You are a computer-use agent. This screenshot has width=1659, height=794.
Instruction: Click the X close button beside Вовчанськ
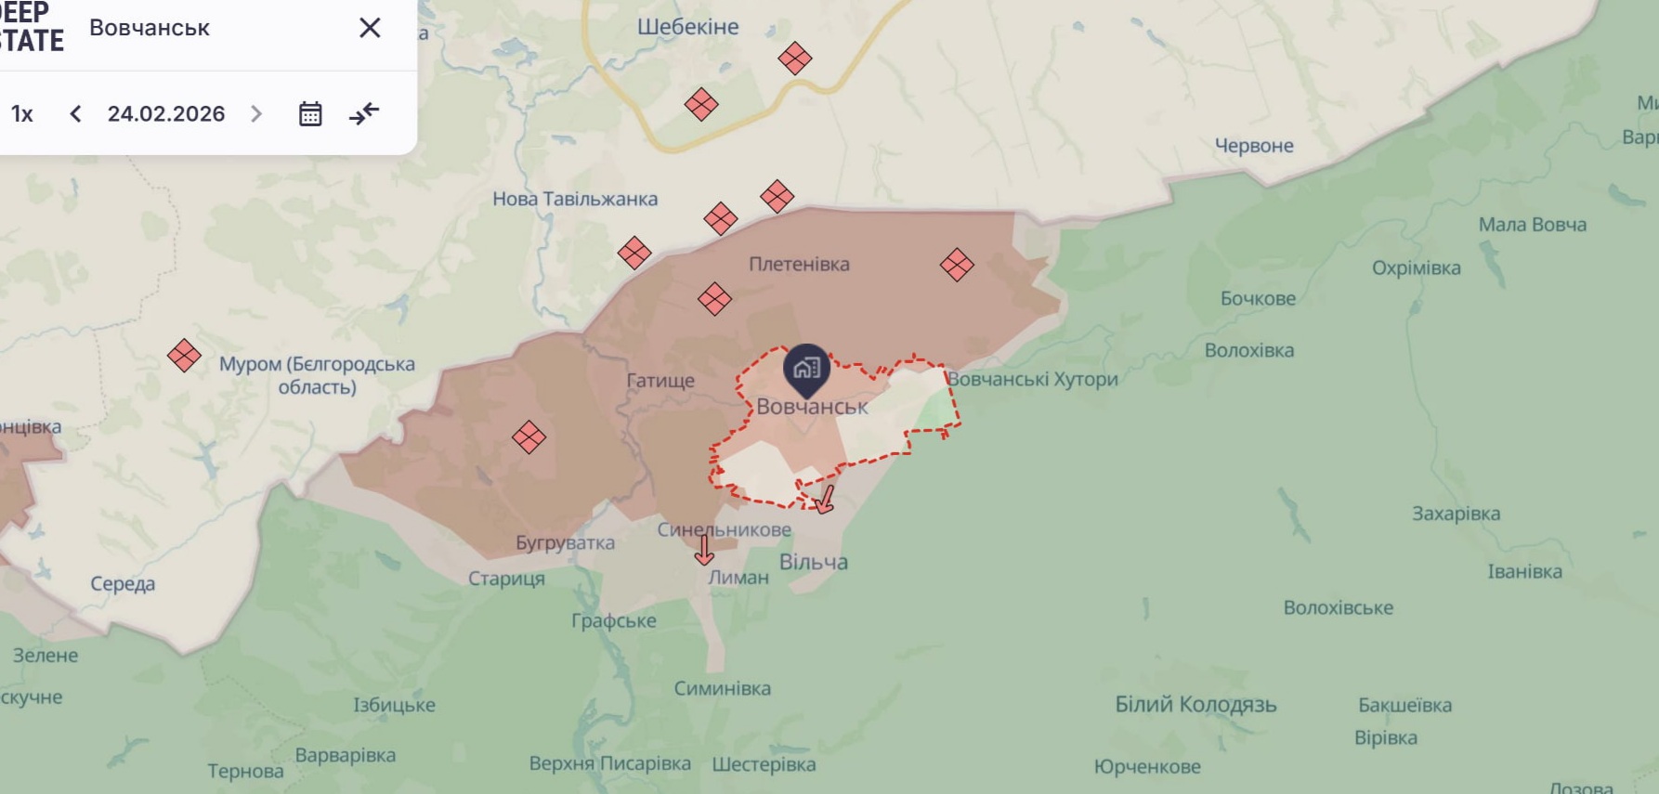point(370,28)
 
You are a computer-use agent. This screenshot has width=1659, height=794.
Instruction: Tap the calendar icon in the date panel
point(310,114)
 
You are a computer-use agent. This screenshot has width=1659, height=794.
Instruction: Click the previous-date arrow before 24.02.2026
point(76,114)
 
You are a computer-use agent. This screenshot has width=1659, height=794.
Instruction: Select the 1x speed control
point(22,114)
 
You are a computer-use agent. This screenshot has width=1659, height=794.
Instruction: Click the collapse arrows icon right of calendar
point(364,114)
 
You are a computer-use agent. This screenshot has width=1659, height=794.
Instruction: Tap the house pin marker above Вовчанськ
point(806,369)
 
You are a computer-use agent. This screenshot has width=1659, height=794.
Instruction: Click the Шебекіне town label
point(687,27)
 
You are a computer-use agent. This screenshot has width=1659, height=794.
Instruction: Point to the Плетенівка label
point(799,264)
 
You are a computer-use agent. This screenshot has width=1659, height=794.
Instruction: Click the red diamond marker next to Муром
point(184,356)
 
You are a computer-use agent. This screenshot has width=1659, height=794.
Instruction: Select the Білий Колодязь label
point(1195,704)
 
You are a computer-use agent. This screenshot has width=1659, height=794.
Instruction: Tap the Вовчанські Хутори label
point(1032,379)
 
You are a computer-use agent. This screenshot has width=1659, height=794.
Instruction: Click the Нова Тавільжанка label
point(575,199)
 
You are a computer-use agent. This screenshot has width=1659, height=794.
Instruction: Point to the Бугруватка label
point(565,543)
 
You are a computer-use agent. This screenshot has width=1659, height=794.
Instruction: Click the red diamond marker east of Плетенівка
point(956,266)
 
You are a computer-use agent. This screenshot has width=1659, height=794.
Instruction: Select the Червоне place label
point(1254,146)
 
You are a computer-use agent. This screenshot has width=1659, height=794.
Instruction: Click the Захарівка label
point(1456,514)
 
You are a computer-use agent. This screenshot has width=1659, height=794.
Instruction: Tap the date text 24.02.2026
point(166,114)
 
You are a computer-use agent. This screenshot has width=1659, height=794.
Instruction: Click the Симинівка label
point(722,688)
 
